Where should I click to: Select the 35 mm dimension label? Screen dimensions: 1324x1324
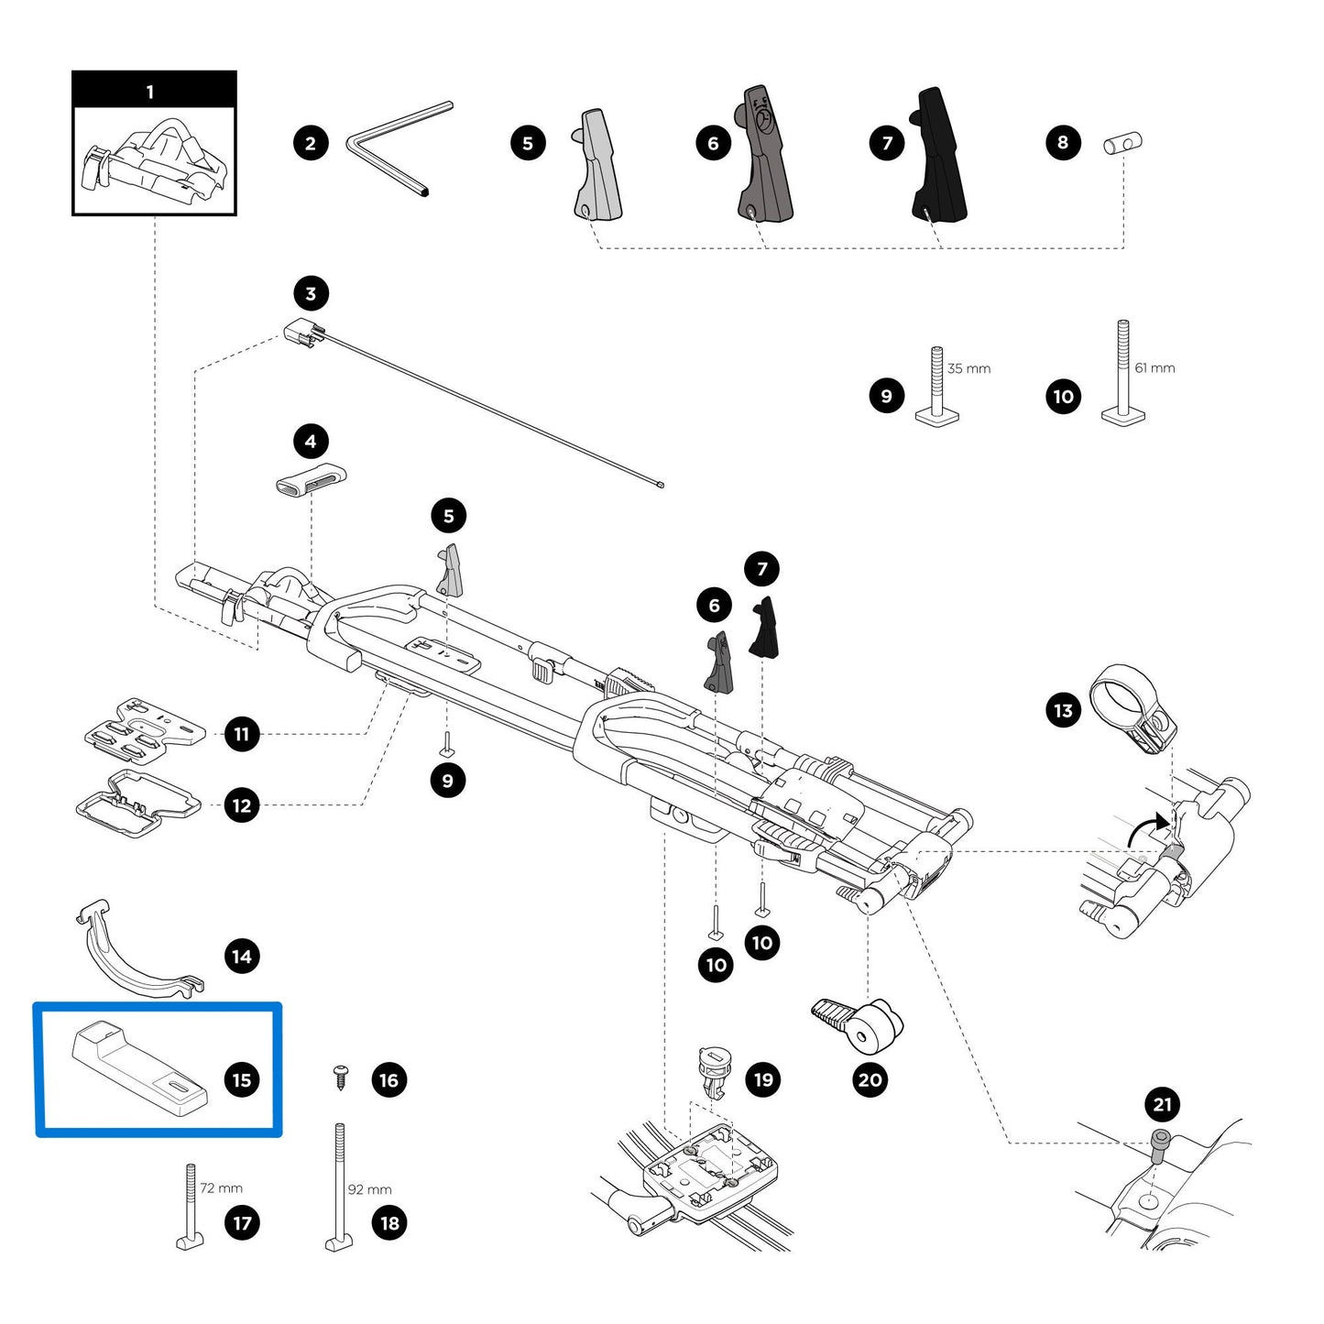point(968,368)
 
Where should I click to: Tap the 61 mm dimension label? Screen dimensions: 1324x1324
point(1154,367)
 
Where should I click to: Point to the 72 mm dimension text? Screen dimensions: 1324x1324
point(221,1187)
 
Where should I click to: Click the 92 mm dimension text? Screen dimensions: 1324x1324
point(369,1189)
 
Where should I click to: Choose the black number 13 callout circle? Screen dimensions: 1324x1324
point(1063,710)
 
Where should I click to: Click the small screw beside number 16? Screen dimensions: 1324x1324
point(342,1077)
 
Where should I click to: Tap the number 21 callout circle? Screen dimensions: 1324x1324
point(1162,1104)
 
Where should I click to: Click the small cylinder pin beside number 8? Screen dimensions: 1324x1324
point(1122,143)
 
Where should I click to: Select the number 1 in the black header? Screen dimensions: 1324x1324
point(150,92)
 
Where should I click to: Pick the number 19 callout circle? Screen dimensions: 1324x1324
point(763,1079)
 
